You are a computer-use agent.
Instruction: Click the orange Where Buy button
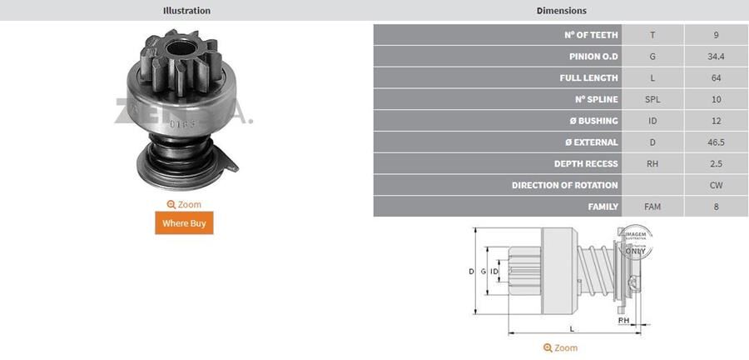pyautogui.click(x=184, y=222)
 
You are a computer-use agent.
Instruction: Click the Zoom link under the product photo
pyautogui.click(x=184, y=204)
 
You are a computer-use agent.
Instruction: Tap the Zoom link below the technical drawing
pyautogui.click(x=560, y=347)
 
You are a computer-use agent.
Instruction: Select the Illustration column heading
pyautogui.click(x=186, y=11)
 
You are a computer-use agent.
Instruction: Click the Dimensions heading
pyautogui.click(x=561, y=11)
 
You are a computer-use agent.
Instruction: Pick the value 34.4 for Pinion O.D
pyautogui.click(x=716, y=57)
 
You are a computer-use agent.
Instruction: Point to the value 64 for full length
pyautogui.click(x=716, y=78)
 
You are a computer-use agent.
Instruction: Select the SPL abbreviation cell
pyautogui.click(x=652, y=99)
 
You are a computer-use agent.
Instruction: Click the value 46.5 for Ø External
pyautogui.click(x=716, y=142)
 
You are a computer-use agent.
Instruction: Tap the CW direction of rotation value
pyautogui.click(x=716, y=185)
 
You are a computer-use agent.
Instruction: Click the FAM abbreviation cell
pyautogui.click(x=652, y=207)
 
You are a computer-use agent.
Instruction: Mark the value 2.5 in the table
pyautogui.click(x=716, y=164)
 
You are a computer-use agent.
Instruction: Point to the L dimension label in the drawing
pyautogui.click(x=572, y=328)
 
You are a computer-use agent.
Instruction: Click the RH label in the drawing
pyautogui.click(x=623, y=320)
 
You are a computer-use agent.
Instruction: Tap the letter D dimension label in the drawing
pyautogui.click(x=471, y=272)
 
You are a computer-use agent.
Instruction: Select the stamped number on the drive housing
pyautogui.click(x=180, y=125)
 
